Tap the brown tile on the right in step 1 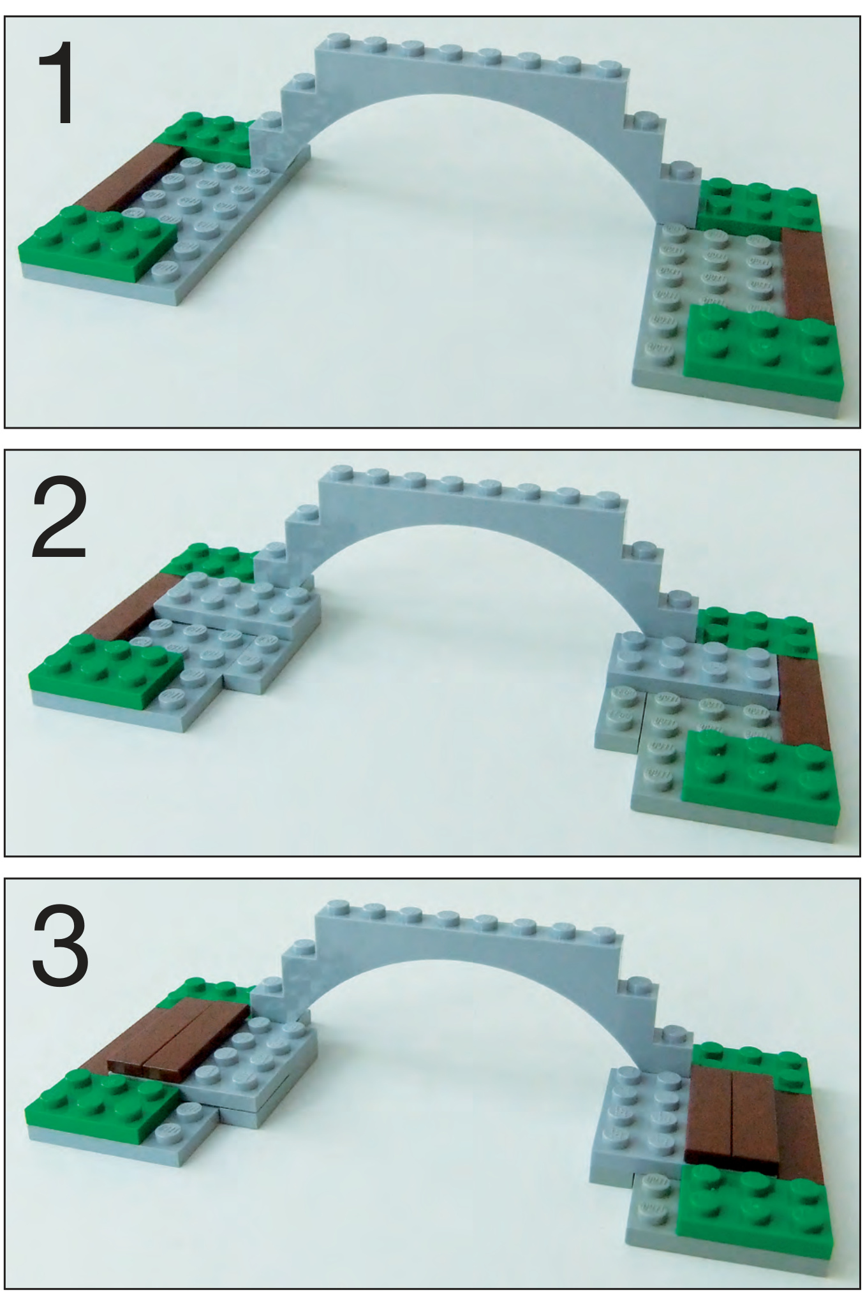[807, 274]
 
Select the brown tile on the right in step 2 [805, 702]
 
